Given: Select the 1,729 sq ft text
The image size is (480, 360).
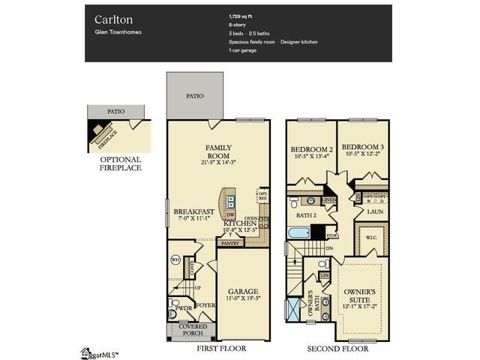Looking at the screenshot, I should [241, 16].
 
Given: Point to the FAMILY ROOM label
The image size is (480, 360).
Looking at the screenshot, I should [218, 151].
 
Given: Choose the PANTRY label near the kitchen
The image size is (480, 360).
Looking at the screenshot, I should [229, 243].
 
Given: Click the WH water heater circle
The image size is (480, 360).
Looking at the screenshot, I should [175, 259].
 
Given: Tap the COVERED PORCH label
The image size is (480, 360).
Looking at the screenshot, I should [192, 331].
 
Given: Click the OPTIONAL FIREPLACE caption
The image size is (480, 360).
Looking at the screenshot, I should [120, 163].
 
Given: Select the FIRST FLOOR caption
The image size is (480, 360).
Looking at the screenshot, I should [220, 349].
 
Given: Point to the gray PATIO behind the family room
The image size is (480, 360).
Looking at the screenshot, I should [194, 96].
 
